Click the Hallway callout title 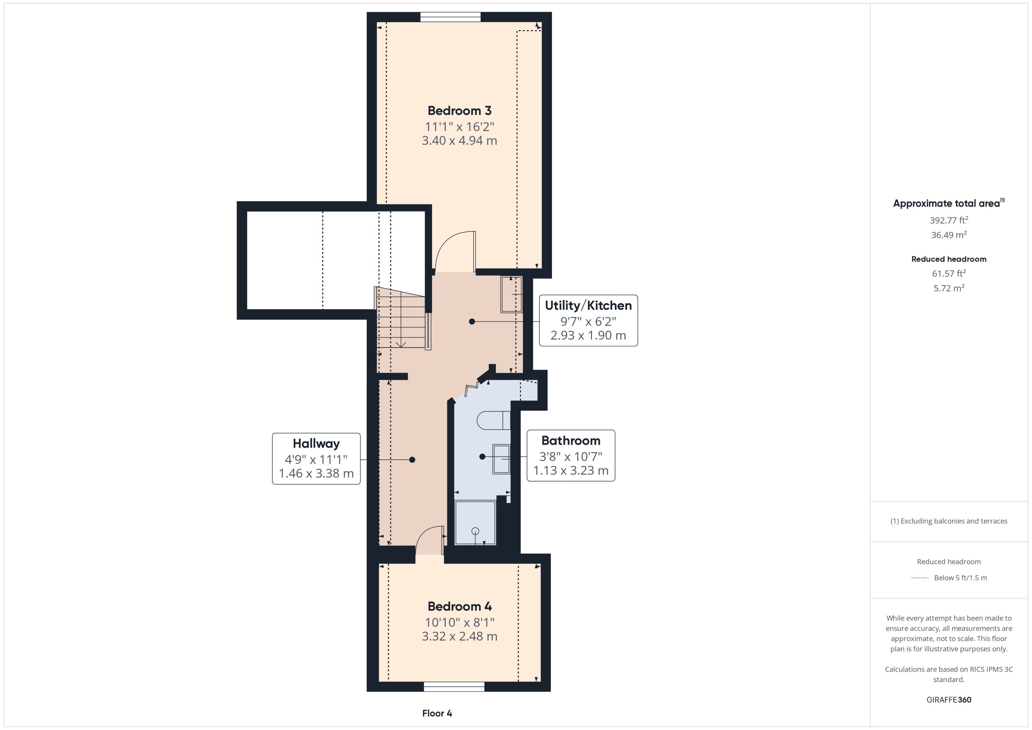pos(316,444)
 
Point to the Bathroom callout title pos(571,441)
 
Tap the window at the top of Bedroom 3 pos(450,17)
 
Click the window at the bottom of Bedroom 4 pos(454,686)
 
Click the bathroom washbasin pos(501,459)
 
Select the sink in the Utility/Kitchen pos(511,294)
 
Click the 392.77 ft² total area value pos(948,220)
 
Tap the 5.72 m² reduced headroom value pos(948,288)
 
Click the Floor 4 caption pos(437,713)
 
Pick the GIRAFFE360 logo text pos(948,700)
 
